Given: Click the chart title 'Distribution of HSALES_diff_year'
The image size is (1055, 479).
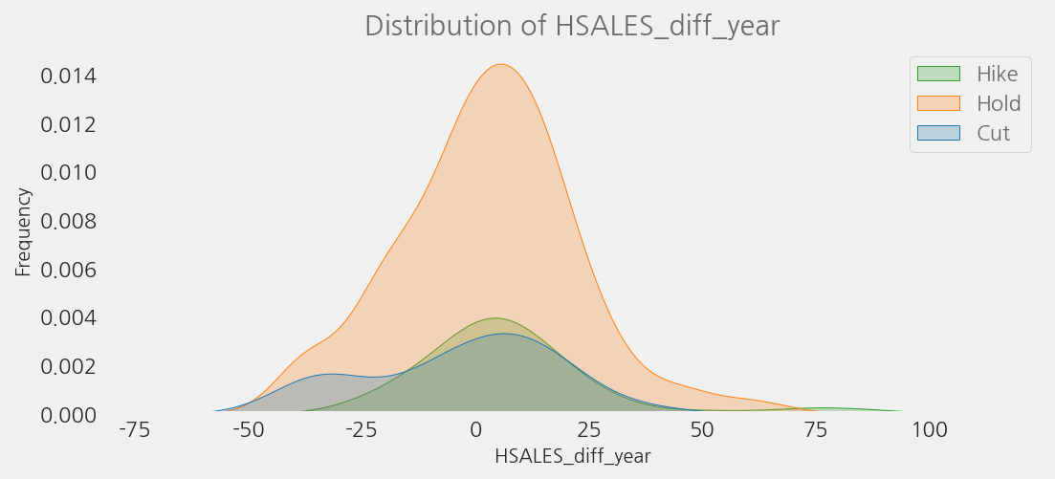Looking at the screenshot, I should [x=572, y=26].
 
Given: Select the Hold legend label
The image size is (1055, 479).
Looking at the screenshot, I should [x=999, y=103].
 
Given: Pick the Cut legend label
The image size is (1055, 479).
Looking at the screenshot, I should [x=993, y=133].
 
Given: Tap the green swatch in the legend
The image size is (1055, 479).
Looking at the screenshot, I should [x=938, y=74].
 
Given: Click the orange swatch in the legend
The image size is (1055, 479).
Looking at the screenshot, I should [x=938, y=103].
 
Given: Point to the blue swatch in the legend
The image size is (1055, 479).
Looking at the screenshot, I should [x=938, y=133].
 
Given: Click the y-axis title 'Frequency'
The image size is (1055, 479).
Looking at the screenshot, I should [x=24, y=231].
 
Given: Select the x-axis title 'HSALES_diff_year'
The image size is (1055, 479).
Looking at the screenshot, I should [x=572, y=456].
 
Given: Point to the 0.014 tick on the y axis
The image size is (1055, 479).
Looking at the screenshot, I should [x=69, y=76].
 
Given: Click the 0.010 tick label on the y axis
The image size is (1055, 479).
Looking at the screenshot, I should [x=69, y=172].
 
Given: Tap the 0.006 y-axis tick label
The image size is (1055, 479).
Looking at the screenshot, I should [x=69, y=270].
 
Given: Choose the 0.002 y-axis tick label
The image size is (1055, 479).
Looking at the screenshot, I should [x=69, y=366].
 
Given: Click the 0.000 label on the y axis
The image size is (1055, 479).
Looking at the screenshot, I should [x=69, y=415].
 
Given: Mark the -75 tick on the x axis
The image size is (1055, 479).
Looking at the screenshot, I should [x=134, y=430].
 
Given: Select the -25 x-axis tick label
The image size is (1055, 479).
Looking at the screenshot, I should [x=361, y=430].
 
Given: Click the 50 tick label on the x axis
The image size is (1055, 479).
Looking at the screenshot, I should [x=702, y=430].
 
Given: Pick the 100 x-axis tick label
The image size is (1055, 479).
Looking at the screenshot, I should [x=929, y=430].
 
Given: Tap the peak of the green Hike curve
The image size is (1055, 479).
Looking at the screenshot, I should [x=495, y=318].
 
